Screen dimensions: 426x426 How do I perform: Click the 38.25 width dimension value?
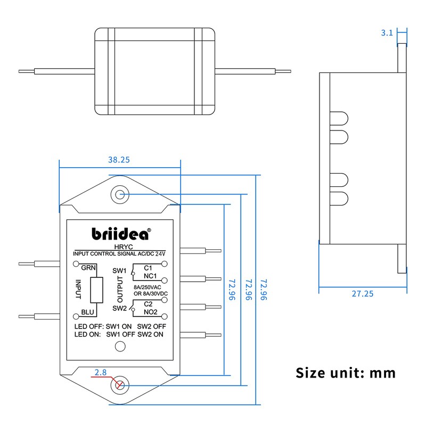(119, 159)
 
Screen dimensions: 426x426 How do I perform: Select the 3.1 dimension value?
(387, 33)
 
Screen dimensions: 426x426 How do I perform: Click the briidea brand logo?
(121, 234)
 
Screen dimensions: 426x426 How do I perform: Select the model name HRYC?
(120, 248)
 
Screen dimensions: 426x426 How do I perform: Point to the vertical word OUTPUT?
(120, 290)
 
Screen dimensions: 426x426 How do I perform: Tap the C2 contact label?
(148, 304)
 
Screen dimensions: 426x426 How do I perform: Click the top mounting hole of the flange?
(120, 194)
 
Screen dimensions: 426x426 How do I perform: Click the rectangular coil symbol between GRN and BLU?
(97, 290)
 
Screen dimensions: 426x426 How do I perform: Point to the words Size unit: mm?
(346, 372)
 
